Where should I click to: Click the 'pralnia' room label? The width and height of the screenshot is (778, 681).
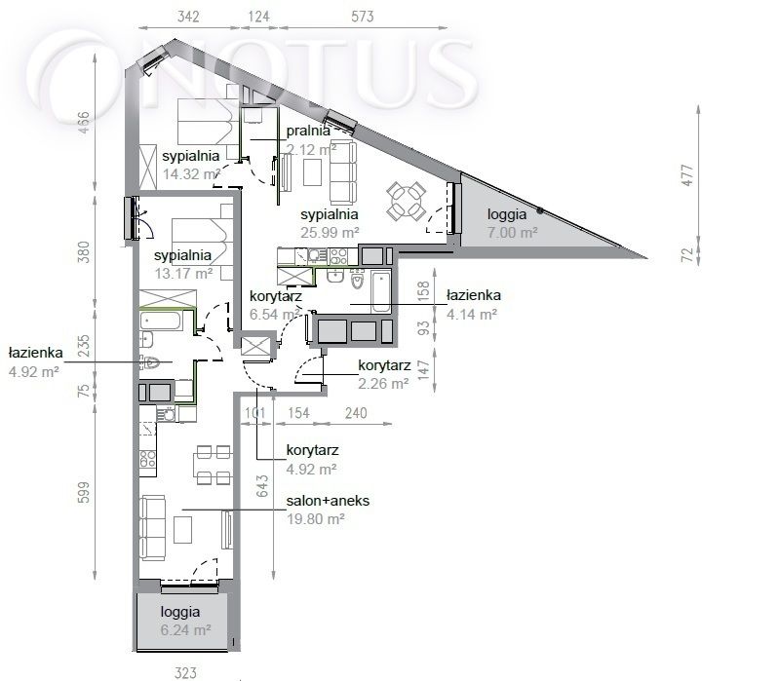tap(308, 131)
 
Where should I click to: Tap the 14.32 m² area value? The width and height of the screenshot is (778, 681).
tap(191, 174)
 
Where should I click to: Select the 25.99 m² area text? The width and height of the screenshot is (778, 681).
tap(330, 232)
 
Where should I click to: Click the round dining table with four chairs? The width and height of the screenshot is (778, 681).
tap(407, 201)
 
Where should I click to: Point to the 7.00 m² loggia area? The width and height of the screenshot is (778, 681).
tap(513, 232)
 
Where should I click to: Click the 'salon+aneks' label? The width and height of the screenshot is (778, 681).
tap(328, 501)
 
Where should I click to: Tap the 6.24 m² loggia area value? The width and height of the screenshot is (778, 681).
tap(186, 630)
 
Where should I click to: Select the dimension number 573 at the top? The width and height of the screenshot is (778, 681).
tap(363, 17)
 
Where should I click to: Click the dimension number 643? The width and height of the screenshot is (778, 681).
tap(263, 486)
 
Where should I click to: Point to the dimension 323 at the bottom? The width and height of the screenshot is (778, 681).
tap(185, 673)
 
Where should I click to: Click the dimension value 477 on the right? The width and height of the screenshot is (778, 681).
tap(687, 175)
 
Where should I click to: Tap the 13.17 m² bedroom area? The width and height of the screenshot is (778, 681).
tap(183, 274)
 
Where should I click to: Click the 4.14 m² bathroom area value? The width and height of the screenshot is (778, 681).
tap(472, 314)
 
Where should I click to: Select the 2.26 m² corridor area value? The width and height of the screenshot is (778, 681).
tap(383, 384)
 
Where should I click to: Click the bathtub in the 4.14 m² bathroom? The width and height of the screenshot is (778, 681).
tap(380, 291)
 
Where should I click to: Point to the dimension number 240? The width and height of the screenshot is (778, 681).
tap(356, 413)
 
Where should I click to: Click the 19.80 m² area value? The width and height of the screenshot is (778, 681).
tap(316, 519)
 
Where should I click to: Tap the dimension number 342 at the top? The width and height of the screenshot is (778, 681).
tap(188, 17)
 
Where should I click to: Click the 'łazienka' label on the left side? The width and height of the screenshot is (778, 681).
tap(36, 353)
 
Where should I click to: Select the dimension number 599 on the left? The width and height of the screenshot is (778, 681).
tap(85, 492)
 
